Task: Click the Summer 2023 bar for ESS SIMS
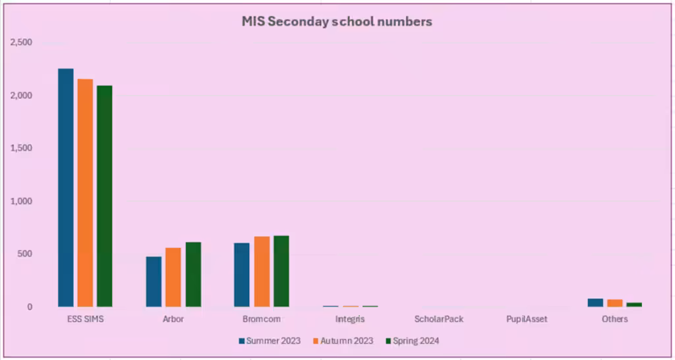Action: pos(65,187)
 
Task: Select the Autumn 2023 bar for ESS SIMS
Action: pos(85,193)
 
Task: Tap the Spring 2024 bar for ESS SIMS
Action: pos(104,196)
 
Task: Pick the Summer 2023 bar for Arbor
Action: pos(154,282)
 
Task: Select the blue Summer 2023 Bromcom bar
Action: pos(242,274)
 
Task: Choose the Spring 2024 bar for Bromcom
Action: pos(281,271)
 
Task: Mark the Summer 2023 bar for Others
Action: pos(595,303)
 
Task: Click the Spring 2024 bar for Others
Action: pos(634,305)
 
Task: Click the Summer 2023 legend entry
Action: pos(270,341)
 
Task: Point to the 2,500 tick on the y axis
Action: pos(22,42)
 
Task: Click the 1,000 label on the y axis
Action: pos(22,201)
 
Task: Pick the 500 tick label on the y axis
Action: pos(24,254)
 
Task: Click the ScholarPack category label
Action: pos(438,319)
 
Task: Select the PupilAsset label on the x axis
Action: pos(527,319)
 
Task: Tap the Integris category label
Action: pos(349,319)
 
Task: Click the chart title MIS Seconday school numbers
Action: pos(337,22)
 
